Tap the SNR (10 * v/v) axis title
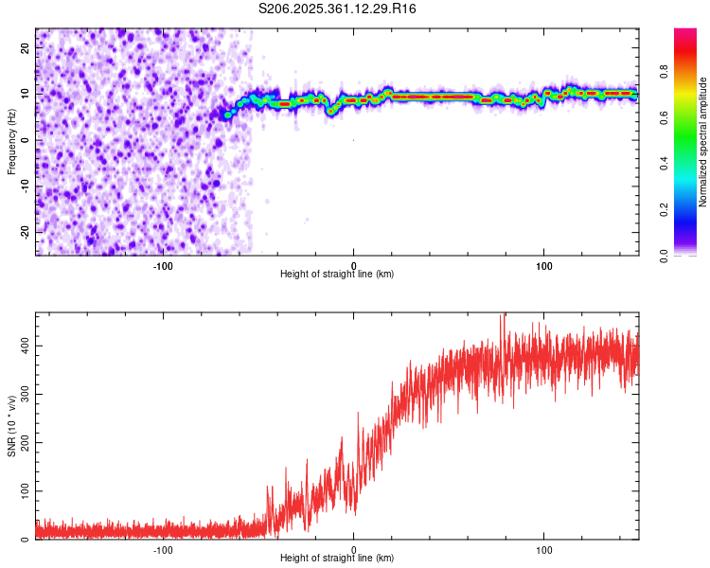point(11,426)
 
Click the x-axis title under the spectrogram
point(337,275)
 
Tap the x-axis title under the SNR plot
point(337,559)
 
